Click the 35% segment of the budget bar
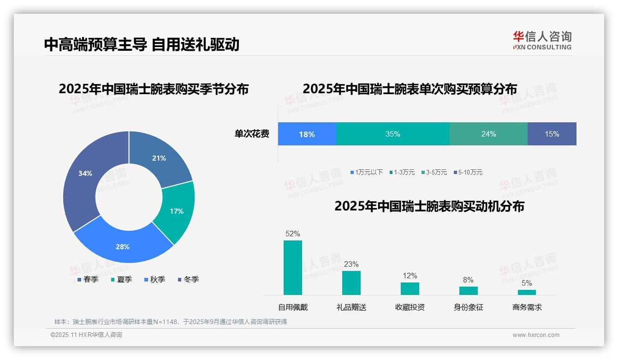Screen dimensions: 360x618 coord(392,134)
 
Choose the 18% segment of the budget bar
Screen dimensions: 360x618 coord(307,134)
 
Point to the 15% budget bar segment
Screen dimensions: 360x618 coord(552,134)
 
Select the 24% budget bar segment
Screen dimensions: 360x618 coord(488,134)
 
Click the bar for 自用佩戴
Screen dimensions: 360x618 coord(293,268)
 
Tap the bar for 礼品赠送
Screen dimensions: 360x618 coord(351,282)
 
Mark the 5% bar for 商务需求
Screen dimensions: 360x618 coord(527,292)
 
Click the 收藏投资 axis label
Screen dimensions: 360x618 coord(410,307)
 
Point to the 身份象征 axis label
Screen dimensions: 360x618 coord(468,307)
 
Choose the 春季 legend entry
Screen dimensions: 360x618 coord(88,279)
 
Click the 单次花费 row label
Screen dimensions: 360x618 coord(252,134)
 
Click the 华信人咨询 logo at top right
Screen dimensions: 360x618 coord(542,40)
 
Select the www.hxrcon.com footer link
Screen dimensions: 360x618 coord(536,335)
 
